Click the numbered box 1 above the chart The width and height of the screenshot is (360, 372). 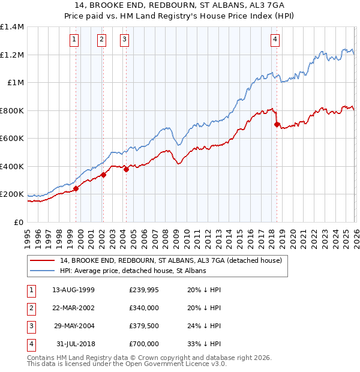click(x=74, y=40)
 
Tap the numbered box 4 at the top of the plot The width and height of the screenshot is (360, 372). click(x=275, y=40)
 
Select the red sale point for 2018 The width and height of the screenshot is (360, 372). click(x=277, y=125)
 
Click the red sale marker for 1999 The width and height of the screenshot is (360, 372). click(x=76, y=188)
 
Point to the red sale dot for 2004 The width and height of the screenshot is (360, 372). click(x=127, y=169)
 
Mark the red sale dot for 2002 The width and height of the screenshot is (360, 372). click(x=103, y=175)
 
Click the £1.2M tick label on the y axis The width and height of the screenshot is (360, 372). click(x=11, y=55)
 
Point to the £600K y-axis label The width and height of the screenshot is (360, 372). click(x=11, y=139)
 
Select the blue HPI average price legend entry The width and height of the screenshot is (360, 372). click(x=133, y=271)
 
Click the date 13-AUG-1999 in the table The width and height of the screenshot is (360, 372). click(x=73, y=290)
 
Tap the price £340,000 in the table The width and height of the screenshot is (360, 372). click(x=144, y=308)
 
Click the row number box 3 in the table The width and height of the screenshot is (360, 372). click(x=30, y=326)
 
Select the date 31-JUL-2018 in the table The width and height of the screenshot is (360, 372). click(x=73, y=344)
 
